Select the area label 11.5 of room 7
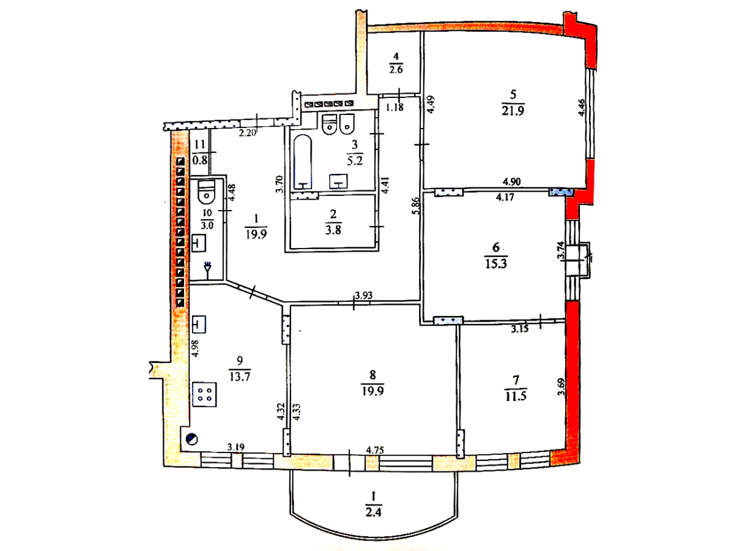(516, 396)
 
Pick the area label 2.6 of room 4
(396, 69)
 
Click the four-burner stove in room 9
(204, 394)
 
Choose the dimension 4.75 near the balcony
(374, 451)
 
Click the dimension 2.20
(247, 132)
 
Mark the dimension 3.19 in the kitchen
(236, 448)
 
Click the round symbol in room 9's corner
(191, 438)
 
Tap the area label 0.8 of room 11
(199, 161)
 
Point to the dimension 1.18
(395, 108)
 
